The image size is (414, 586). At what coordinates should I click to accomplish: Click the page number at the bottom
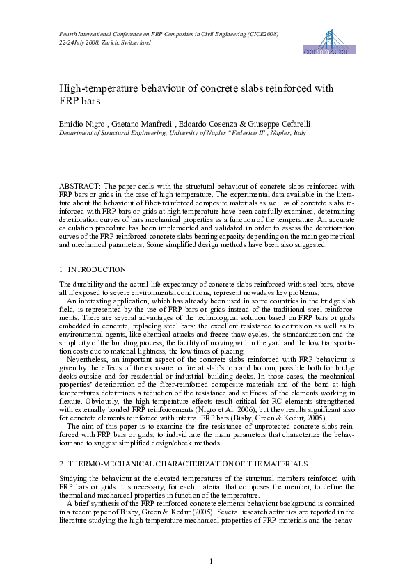(x=207, y=560)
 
